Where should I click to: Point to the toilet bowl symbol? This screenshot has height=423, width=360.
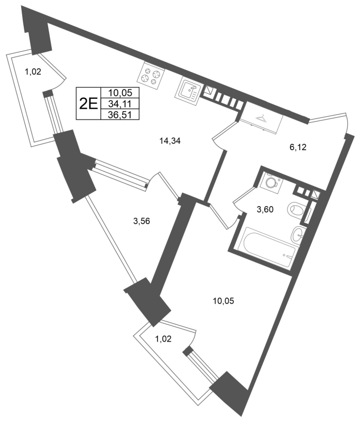296,209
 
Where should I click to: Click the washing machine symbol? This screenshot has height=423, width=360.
270,182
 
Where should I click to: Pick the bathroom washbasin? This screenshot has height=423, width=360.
299,234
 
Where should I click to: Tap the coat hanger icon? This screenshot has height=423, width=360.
261,118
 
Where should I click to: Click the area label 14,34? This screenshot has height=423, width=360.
170,141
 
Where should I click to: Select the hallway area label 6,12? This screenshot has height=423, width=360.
298,148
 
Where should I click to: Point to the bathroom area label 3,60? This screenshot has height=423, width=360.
265,209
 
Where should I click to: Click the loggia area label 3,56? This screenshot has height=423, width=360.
142,221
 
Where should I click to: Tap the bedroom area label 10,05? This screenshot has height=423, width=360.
224,301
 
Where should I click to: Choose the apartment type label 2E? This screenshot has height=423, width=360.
88,103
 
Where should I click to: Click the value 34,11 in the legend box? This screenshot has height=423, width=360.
119,103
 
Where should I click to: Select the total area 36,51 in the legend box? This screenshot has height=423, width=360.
119,115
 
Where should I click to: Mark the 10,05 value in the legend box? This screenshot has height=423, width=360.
121,93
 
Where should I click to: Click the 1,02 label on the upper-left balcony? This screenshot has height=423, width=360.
33,72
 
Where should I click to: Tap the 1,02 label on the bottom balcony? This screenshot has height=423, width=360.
163,338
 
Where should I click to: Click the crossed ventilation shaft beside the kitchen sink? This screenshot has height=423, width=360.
209,90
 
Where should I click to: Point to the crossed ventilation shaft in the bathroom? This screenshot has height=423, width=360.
316,195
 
